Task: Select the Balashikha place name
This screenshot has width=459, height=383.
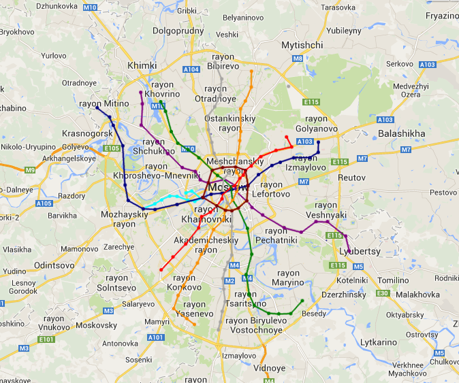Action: (402, 133)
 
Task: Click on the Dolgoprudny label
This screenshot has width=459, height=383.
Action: (178, 31)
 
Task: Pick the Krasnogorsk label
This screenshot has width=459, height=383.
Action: (87, 133)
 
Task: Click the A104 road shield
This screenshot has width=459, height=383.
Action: (191, 69)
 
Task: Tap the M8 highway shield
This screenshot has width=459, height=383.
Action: (298, 59)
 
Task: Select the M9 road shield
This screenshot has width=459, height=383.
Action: (30, 169)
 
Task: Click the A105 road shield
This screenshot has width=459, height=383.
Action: (44, 203)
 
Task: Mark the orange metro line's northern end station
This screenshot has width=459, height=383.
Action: (252, 71)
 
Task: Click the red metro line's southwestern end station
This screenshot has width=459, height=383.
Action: (161, 270)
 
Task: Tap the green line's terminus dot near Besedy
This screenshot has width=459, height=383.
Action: (302, 300)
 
